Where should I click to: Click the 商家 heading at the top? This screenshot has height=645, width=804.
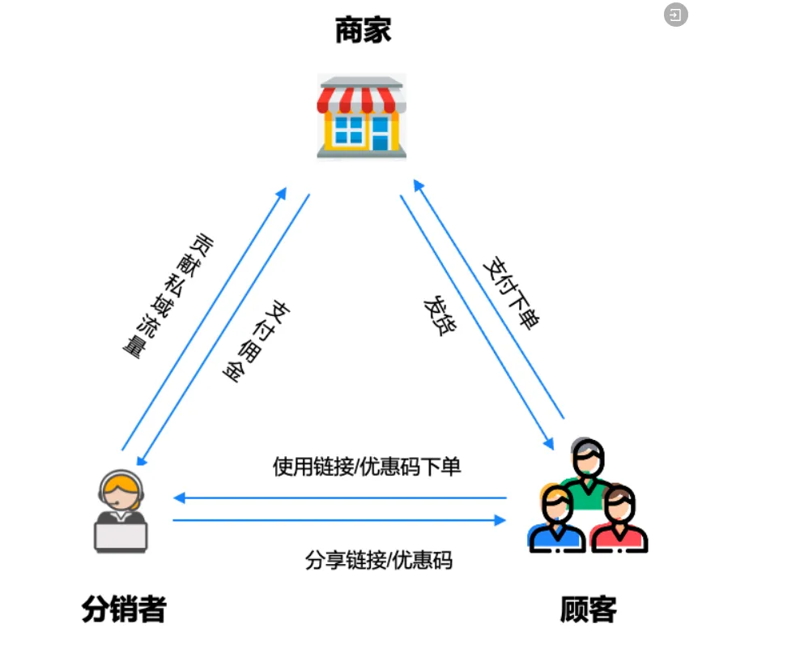(x=363, y=32)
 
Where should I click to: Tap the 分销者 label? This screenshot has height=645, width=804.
(x=124, y=609)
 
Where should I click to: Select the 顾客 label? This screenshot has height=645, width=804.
(x=589, y=609)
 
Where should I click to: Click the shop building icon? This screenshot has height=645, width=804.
(x=361, y=116)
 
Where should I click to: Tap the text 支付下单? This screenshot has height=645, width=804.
(x=510, y=292)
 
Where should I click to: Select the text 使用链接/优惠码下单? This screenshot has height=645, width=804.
(x=367, y=467)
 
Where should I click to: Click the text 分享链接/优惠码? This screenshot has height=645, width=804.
(x=378, y=560)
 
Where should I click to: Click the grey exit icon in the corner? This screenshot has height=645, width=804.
(x=675, y=15)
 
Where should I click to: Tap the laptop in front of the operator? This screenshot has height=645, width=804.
(x=121, y=534)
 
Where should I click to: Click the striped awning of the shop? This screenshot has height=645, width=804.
(x=361, y=97)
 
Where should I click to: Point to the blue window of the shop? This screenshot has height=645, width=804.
(x=349, y=130)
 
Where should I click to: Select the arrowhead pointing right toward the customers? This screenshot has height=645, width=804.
(x=500, y=520)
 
